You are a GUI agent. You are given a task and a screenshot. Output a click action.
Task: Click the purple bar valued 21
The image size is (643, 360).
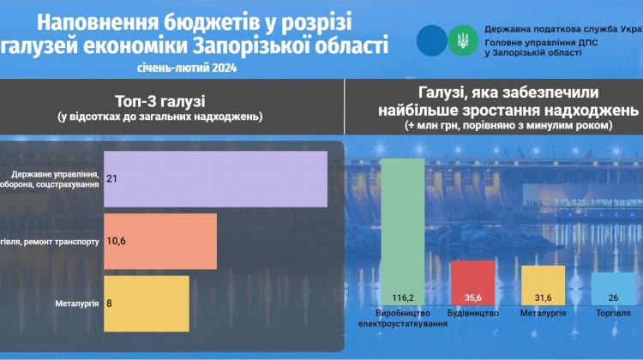pos(215,178)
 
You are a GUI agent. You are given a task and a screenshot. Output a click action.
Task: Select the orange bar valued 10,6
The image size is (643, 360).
pos(160,242)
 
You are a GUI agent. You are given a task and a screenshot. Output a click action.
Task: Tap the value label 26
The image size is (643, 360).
pos(612,297)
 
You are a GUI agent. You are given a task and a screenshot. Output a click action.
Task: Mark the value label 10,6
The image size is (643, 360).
pos(117,242)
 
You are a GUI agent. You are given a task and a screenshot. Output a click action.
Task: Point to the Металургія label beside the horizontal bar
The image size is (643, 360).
pos(76,302)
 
